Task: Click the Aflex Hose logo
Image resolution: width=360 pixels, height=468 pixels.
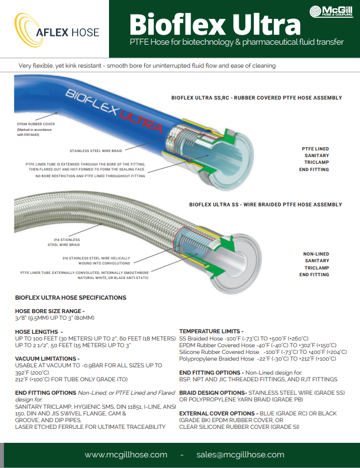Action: point(56,30)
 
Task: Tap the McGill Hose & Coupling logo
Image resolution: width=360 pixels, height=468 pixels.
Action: point(331,11)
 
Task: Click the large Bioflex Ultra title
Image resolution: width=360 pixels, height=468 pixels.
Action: point(215,25)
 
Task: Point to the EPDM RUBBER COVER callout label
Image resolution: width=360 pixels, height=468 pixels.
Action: point(36,124)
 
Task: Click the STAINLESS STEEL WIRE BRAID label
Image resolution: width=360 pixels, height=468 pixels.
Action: point(96,151)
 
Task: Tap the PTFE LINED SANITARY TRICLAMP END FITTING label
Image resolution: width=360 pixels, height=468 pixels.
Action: point(314,159)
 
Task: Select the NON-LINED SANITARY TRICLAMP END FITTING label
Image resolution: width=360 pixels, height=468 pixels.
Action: point(314,264)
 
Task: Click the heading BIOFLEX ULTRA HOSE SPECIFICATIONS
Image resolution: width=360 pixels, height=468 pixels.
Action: point(71,297)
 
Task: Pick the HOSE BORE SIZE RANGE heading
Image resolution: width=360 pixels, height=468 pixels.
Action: point(50,311)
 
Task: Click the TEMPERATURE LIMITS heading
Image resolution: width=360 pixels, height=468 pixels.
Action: point(211,332)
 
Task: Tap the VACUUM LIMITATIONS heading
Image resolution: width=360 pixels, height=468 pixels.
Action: point(47,358)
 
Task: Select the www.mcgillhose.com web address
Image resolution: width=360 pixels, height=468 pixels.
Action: point(126,455)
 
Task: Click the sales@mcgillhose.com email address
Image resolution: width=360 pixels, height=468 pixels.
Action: point(240,455)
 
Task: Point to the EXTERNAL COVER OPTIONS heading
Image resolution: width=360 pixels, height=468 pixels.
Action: point(219,413)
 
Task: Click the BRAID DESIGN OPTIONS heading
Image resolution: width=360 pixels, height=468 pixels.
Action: point(213,393)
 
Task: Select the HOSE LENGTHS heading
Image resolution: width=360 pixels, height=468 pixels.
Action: point(39,332)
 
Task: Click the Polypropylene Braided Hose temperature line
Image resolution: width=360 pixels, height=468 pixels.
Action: point(258,359)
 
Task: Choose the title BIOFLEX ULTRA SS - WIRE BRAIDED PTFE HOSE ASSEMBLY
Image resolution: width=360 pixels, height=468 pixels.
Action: point(266,205)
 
